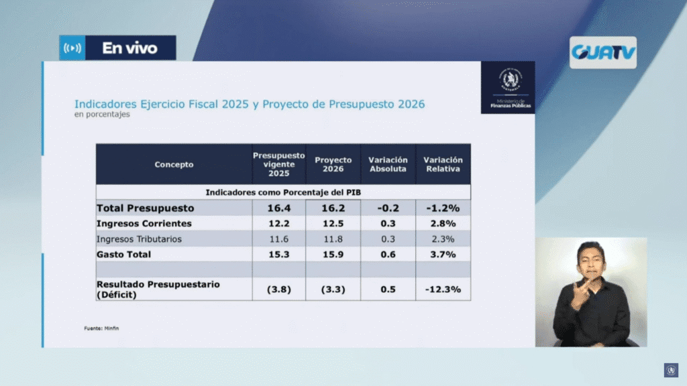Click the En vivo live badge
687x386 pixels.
point(118,48)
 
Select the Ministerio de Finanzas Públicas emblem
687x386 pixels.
point(508,87)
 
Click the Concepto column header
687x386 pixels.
point(174,164)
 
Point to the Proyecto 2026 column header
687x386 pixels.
point(333,164)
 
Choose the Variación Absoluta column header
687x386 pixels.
point(388,164)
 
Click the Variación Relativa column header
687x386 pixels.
point(443,164)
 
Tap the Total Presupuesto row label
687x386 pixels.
point(146,208)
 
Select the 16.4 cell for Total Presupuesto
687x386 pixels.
point(278,208)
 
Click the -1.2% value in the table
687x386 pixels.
point(443,208)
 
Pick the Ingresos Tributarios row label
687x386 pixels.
point(139,239)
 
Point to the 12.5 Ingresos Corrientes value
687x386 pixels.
point(333,223)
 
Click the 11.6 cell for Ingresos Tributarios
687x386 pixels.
point(278,239)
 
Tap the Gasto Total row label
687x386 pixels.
point(124,254)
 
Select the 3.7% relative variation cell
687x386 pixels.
point(443,254)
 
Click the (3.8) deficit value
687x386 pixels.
point(278,289)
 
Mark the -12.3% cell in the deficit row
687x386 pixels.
point(443,289)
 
